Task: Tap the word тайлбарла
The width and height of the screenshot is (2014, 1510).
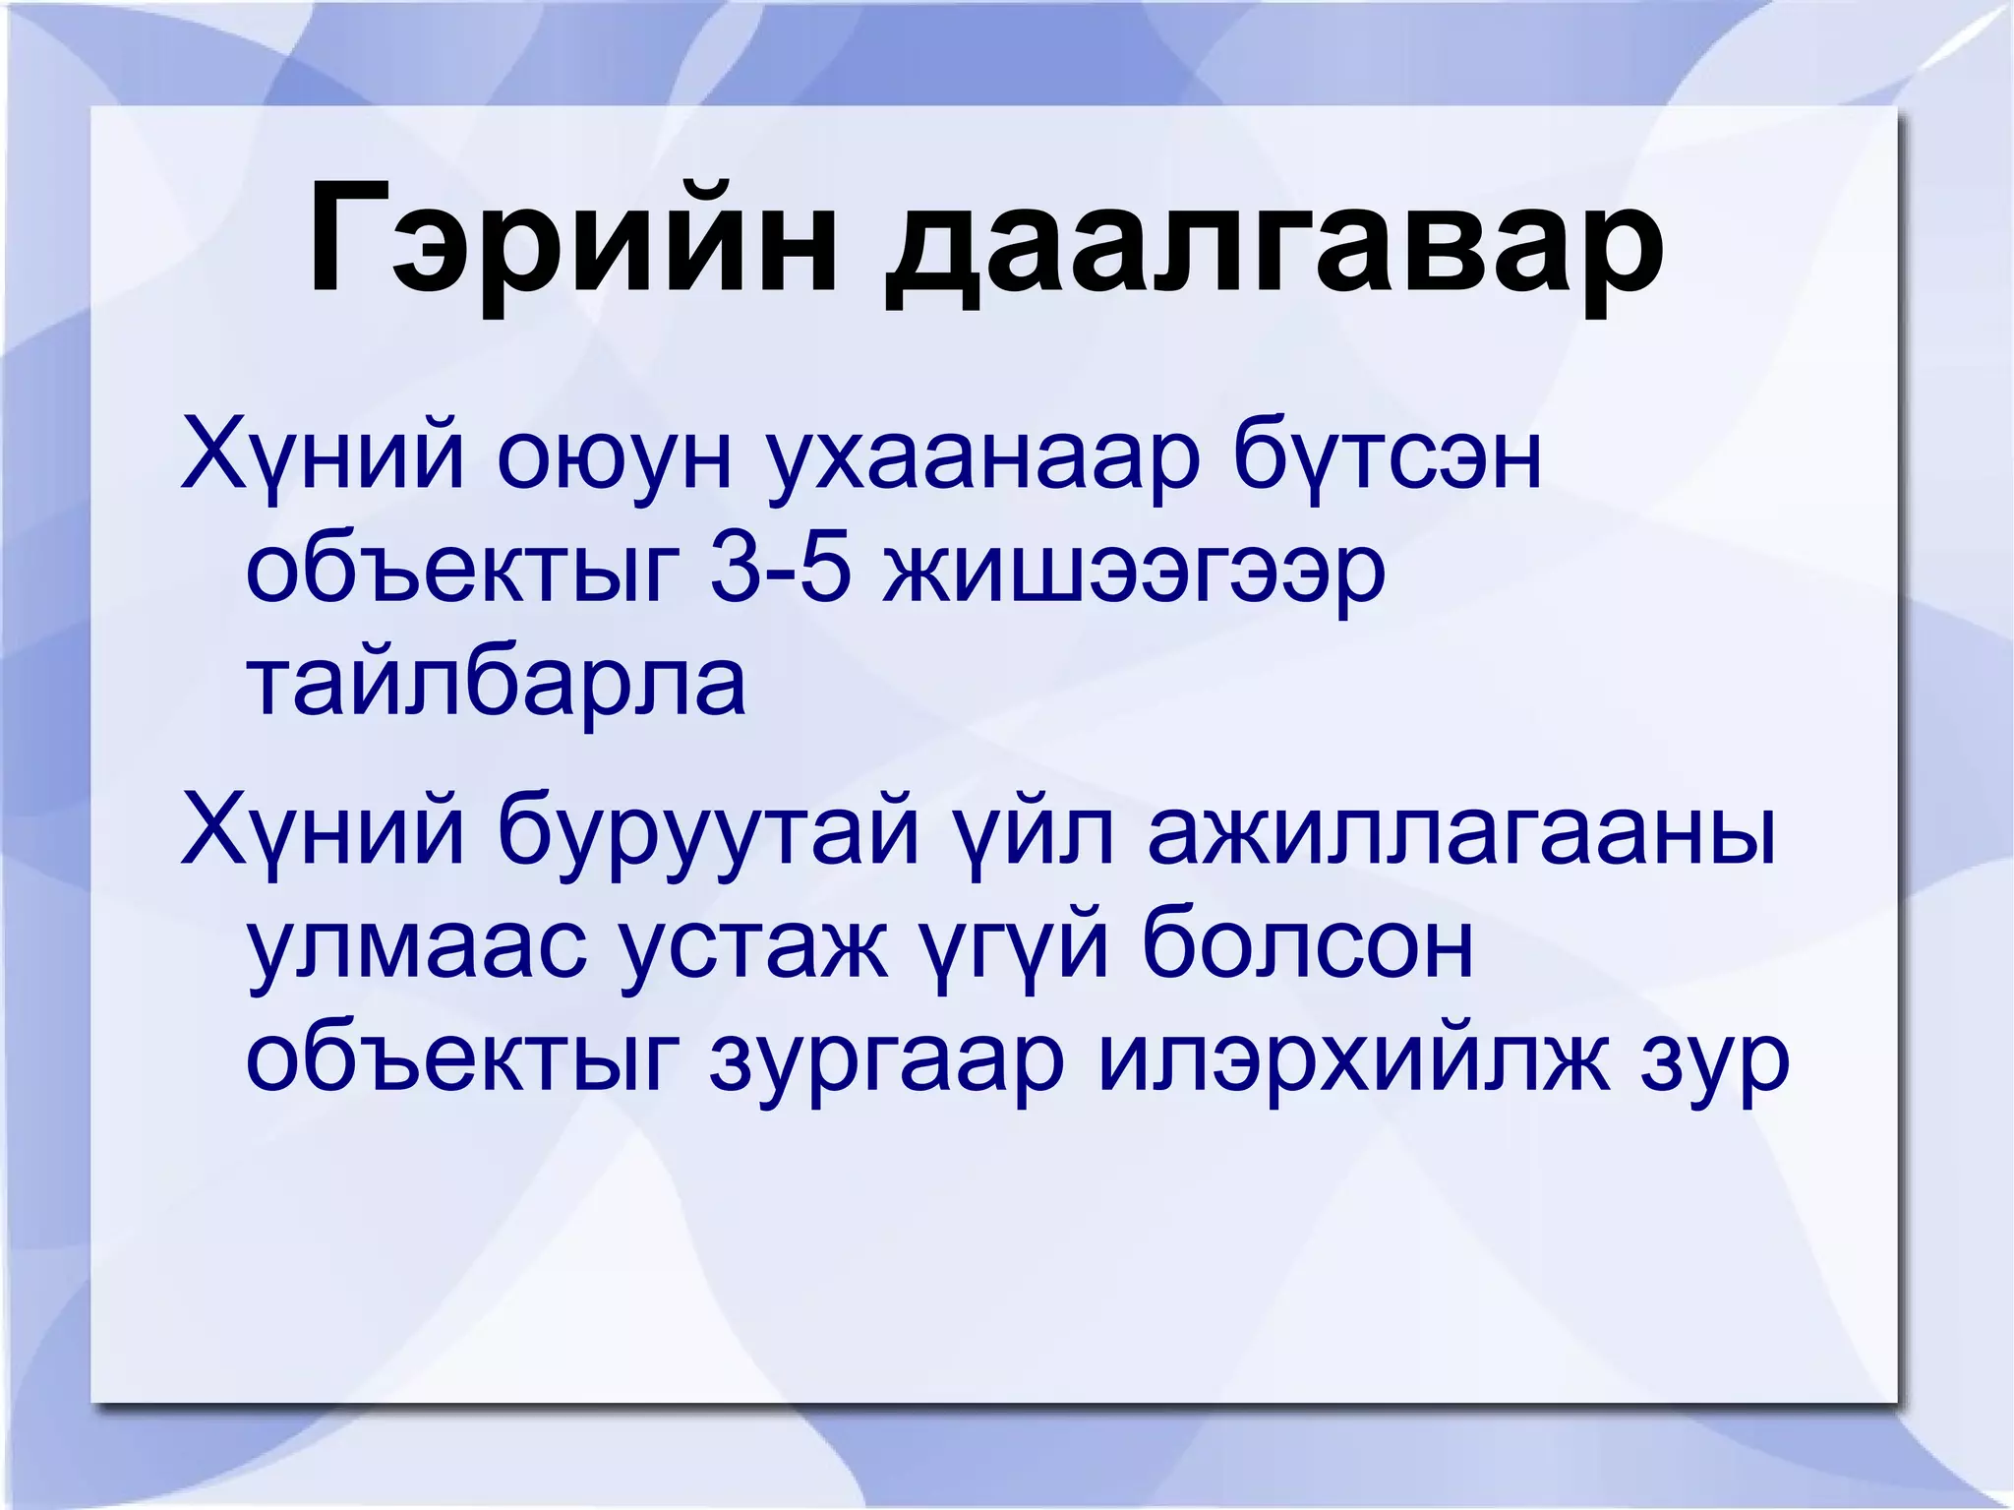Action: tap(496, 683)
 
